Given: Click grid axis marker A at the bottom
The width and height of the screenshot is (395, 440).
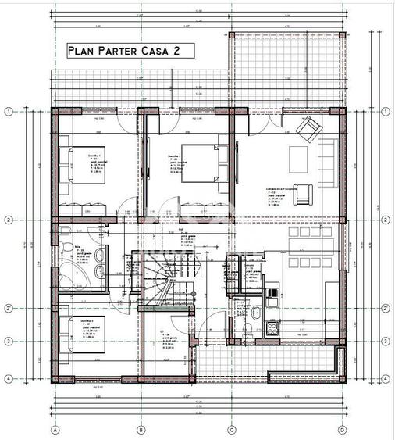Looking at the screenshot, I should tap(55, 429).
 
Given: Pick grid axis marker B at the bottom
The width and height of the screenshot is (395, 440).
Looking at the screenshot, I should tap(141, 429).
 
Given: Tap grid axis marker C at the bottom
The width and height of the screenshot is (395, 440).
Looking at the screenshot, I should tap(232, 429).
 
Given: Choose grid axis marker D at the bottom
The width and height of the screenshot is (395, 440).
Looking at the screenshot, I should tap(343, 429).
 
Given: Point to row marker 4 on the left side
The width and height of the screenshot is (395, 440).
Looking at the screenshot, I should tap(9, 379).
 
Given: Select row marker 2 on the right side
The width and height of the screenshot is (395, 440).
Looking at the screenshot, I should tap(386, 219).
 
